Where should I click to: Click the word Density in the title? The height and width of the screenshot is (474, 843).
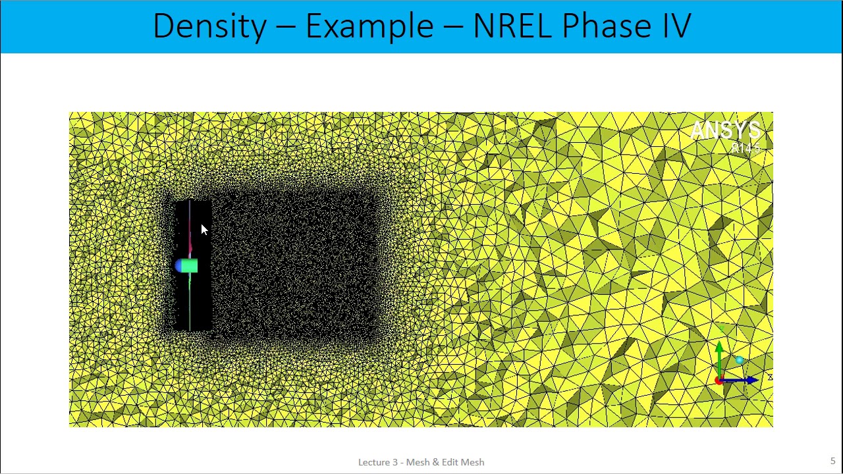pos(209,26)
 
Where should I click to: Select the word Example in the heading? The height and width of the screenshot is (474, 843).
pos(369,26)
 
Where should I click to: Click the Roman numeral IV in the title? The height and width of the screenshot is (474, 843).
pos(672,26)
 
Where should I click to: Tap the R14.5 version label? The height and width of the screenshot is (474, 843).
pos(746,149)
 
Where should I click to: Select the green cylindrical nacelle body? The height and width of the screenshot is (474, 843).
pos(189,266)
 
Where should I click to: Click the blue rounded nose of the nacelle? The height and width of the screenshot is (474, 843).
pos(178,266)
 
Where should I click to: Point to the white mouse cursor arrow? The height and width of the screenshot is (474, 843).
pos(203,228)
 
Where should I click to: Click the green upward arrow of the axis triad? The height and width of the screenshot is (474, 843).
pos(720,352)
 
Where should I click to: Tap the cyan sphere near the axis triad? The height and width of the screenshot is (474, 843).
pos(740,360)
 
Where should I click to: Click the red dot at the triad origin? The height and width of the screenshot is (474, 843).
pos(719,381)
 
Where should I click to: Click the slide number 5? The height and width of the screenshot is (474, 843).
pos(832,461)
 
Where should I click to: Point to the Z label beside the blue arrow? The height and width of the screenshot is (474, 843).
pos(769,377)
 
